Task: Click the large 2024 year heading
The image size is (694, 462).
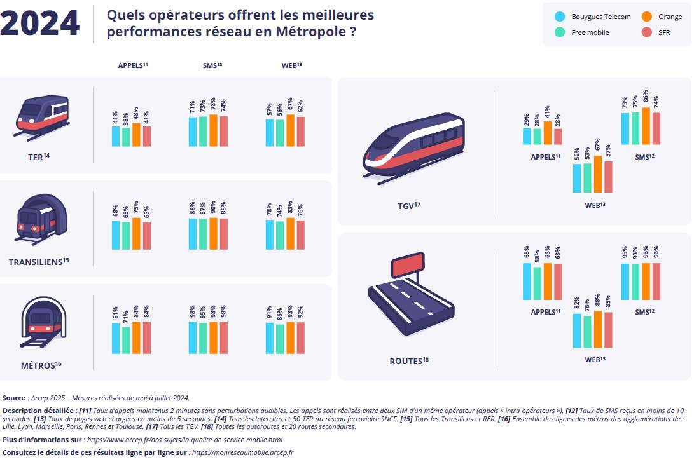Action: pyautogui.click(x=40, y=24)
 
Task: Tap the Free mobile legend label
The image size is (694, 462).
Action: pyautogui.click(x=590, y=33)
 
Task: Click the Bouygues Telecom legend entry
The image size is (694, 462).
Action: pyautogui.click(x=600, y=17)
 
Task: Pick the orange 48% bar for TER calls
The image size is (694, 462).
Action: pyautogui.click(x=136, y=135)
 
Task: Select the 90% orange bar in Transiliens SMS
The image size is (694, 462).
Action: pyautogui.click(x=213, y=234)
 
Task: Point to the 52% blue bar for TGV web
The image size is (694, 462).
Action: pyautogui.click(x=577, y=178)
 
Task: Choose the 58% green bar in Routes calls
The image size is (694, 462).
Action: pyautogui.click(x=538, y=283)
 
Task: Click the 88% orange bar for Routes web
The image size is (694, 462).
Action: pyautogui.click(x=597, y=329)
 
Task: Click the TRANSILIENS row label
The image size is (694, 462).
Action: pyautogui.click(x=39, y=262)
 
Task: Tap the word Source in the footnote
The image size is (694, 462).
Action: pyautogui.click(x=14, y=398)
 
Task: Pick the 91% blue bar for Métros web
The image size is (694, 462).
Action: pyautogui.click(x=270, y=338)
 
